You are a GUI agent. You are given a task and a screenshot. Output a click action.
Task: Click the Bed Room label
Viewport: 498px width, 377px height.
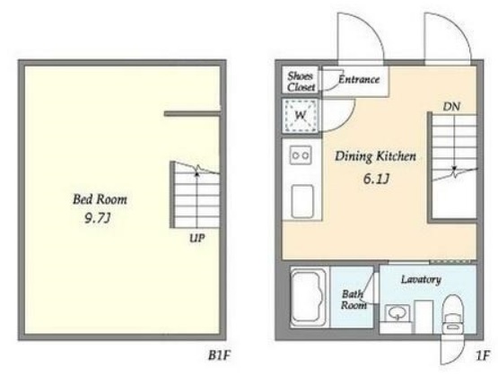coord(100,199)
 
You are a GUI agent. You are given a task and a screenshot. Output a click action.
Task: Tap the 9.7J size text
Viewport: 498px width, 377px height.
coord(98,218)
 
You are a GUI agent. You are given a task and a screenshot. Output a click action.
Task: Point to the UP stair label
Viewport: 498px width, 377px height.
coord(197,238)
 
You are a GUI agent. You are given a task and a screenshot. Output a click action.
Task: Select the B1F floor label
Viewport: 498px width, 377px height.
coord(219,355)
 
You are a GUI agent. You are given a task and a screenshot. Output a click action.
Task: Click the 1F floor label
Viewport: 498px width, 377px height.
coord(482,356)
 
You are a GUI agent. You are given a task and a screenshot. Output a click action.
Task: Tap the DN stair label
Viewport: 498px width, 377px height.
coord(451,107)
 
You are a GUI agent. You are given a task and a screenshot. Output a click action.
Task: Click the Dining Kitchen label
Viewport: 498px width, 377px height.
coord(375,156)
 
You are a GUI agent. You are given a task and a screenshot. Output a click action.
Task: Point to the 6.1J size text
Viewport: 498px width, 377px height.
coord(376,180)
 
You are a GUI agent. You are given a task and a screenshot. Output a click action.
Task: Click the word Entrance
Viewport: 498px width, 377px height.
coord(359,79)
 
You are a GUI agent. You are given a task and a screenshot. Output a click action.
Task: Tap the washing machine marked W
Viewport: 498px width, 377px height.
coord(301,115)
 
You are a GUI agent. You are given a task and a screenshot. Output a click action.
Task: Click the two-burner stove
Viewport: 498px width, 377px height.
coord(301,155)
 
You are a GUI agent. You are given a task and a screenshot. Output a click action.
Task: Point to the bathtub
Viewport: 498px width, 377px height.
coord(309,297)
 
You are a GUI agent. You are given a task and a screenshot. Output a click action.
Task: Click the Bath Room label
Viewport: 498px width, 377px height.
coord(354,300)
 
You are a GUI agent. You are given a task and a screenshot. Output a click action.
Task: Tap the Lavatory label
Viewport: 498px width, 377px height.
coord(421,279)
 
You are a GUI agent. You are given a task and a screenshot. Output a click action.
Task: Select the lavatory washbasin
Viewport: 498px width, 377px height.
coord(398,314)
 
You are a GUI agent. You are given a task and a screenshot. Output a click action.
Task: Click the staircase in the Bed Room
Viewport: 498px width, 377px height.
coord(195,195)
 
